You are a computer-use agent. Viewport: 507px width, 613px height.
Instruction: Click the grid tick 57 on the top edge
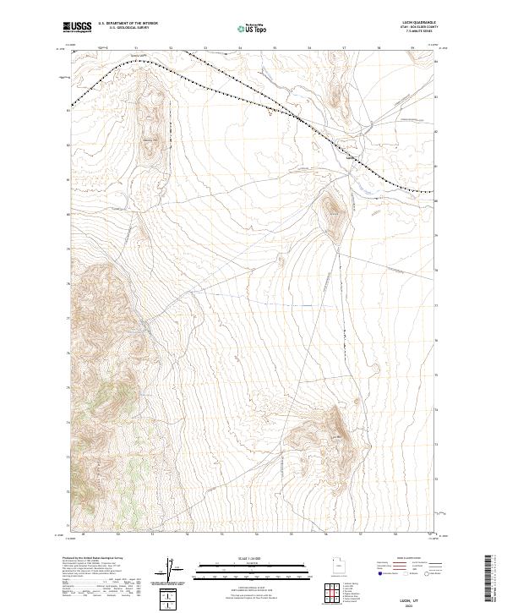point(344,49)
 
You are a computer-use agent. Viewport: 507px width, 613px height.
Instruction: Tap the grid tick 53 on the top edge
point(205,49)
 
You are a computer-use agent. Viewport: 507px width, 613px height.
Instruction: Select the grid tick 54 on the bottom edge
point(256,534)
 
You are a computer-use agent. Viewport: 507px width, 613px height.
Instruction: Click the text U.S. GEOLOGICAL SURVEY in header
point(123,29)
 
